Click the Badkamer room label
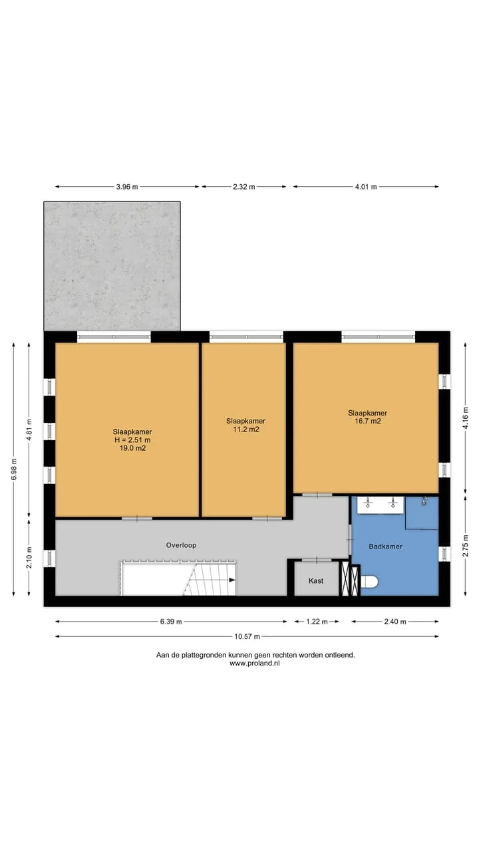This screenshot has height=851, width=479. point(385,547)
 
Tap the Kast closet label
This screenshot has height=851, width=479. point(316,580)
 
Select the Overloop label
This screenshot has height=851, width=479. point(181,545)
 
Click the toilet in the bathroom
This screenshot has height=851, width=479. point(369,582)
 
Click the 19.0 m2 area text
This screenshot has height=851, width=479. point(132,448)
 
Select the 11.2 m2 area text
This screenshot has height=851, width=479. point(246,429)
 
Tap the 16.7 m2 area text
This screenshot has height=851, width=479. point(368,421)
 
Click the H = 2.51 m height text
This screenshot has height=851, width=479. point(132,440)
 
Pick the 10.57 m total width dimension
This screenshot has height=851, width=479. point(247,636)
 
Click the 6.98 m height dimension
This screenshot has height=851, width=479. point(14,469)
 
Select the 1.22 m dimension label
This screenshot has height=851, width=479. point(317,622)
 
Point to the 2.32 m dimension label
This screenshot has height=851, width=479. point(244,187)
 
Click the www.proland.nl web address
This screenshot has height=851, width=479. point(254,664)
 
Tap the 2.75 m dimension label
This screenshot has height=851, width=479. point(465,546)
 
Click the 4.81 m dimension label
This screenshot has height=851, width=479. point(29,429)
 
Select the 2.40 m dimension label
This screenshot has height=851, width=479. point(395,622)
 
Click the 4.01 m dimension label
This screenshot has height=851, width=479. point(366,187)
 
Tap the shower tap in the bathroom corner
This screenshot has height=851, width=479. point(424,501)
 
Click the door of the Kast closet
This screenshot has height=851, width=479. point(317,560)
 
